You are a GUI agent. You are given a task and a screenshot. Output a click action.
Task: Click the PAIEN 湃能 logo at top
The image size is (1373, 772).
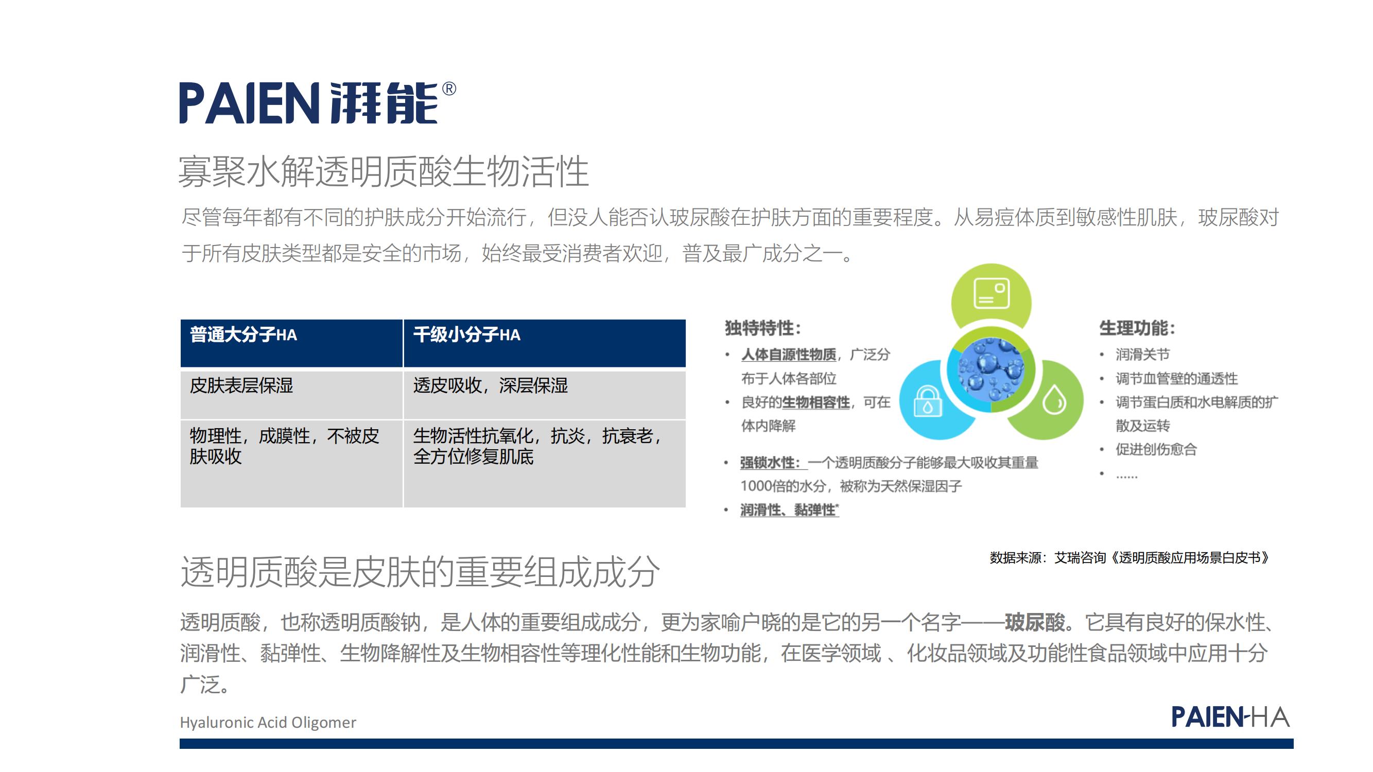(317, 103)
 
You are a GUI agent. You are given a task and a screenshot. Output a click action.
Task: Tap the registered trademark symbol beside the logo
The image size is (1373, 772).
(449, 89)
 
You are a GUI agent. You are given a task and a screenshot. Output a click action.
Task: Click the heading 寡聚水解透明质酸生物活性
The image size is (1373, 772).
(383, 171)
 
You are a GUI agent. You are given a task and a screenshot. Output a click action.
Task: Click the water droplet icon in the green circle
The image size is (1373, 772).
(1054, 399)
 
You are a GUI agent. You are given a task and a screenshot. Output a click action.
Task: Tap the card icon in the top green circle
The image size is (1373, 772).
(992, 293)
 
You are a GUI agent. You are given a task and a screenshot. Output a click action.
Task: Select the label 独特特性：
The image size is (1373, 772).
(763, 328)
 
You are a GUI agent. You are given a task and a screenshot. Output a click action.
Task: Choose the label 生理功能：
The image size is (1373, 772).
(1137, 328)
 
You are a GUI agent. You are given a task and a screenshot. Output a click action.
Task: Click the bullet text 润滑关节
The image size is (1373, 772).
(1143, 354)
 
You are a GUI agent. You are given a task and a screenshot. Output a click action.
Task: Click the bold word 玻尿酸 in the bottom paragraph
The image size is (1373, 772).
(1035, 622)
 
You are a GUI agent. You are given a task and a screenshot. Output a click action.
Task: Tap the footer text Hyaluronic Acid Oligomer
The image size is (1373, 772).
(268, 723)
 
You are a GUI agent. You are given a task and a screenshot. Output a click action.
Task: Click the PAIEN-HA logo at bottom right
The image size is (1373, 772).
(1230, 716)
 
